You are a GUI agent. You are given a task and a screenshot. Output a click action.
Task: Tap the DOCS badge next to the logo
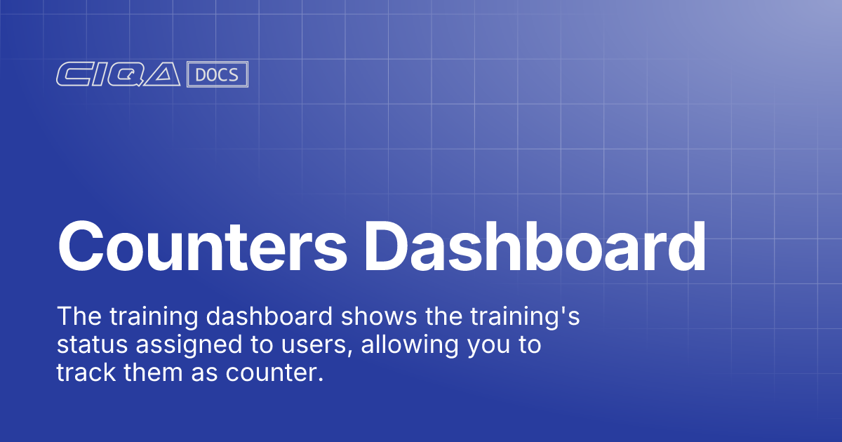tap(218, 75)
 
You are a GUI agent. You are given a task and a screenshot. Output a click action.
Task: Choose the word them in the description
tap(150, 373)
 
